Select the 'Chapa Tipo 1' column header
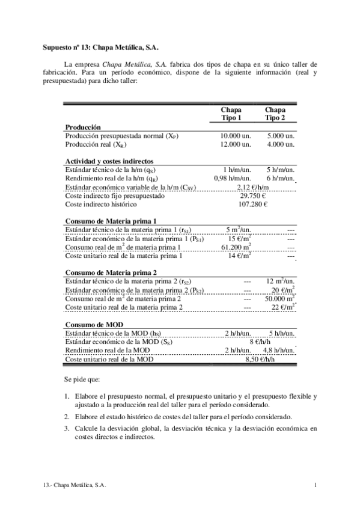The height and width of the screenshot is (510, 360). coord(231,114)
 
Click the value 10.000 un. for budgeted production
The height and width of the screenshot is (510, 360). coord(234,137)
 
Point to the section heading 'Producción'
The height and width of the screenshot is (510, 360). coord(82,127)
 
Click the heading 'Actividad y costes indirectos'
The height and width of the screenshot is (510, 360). coord(109,161)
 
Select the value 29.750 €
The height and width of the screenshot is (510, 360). coord(253,195)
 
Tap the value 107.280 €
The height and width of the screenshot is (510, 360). coord(253,204)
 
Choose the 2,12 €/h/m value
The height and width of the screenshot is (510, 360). coord(253,187)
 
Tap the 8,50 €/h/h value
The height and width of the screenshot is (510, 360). coord(259,359)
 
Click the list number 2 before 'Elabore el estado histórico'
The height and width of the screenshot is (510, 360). coord(66,417)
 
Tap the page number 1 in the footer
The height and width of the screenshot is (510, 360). coord(316,485)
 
